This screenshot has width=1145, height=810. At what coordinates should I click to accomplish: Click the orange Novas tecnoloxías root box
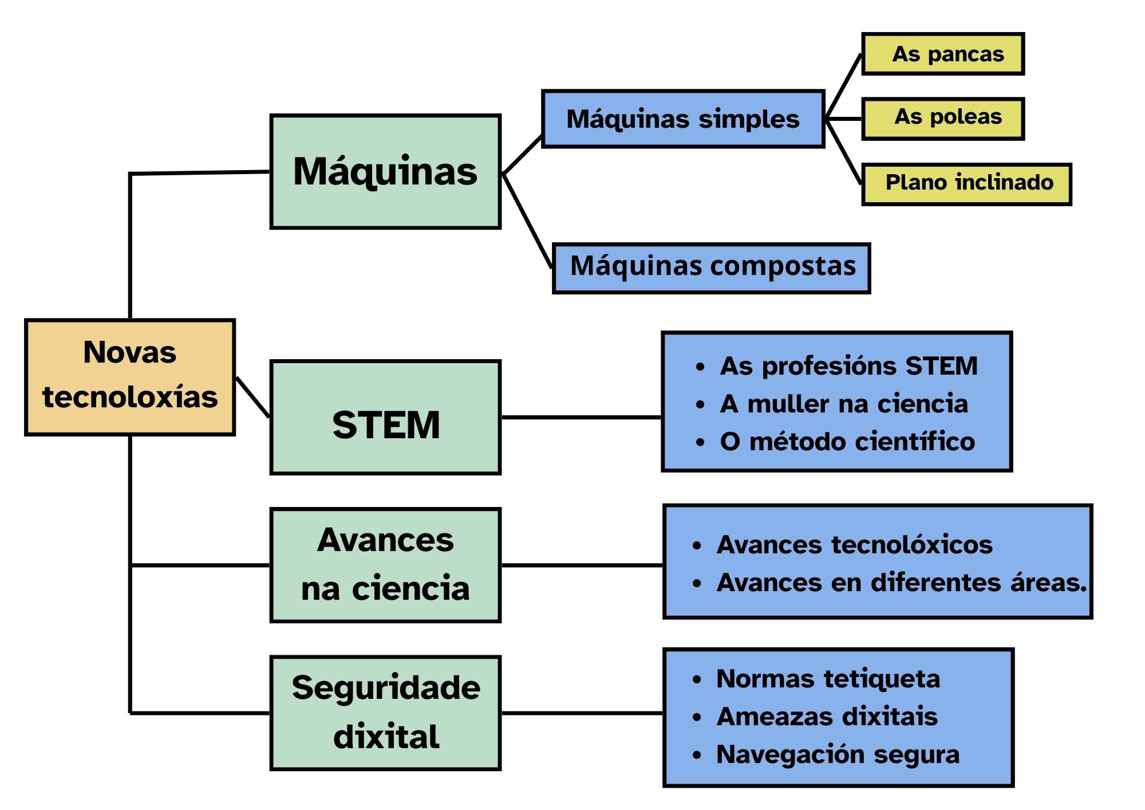(130, 377)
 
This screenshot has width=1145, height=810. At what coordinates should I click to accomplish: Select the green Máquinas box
(385, 172)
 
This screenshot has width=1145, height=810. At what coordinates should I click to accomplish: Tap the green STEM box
(385, 418)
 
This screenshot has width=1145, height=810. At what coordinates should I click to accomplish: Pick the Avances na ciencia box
(385, 565)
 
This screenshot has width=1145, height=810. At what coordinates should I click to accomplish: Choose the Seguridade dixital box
(385, 713)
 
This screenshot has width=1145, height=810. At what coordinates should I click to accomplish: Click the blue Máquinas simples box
(683, 119)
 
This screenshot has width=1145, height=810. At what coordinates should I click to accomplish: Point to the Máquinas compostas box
(712, 268)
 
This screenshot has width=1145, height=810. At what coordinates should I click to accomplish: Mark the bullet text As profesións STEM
(848, 366)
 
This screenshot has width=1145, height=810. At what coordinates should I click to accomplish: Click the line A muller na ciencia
(844, 404)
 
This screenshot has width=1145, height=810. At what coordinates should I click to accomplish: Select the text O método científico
(847, 442)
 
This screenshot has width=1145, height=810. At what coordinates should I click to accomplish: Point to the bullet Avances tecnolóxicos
(854, 545)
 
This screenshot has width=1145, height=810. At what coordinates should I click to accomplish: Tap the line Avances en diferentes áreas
(901, 583)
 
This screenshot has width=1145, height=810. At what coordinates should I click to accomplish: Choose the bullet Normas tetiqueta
(828, 679)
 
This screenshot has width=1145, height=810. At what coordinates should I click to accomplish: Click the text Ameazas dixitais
(827, 717)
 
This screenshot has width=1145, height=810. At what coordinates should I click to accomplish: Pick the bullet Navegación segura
(838, 754)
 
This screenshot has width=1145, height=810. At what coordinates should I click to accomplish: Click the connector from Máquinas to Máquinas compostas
(527, 221)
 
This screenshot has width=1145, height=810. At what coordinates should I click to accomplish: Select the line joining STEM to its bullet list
(581, 417)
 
